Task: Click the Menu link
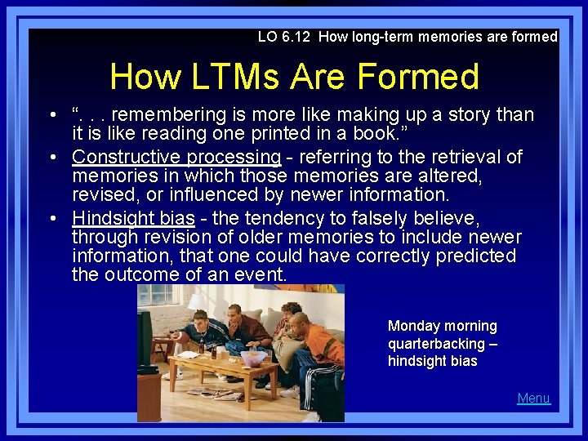click(x=533, y=398)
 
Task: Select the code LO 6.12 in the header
click(x=285, y=37)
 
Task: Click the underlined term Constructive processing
click(x=176, y=156)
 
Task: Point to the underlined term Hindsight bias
click(x=133, y=218)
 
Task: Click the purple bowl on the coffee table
click(x=253, y=358)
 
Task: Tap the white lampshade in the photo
click(x=197, y=302)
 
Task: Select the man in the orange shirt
click(x=319, y=347)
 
